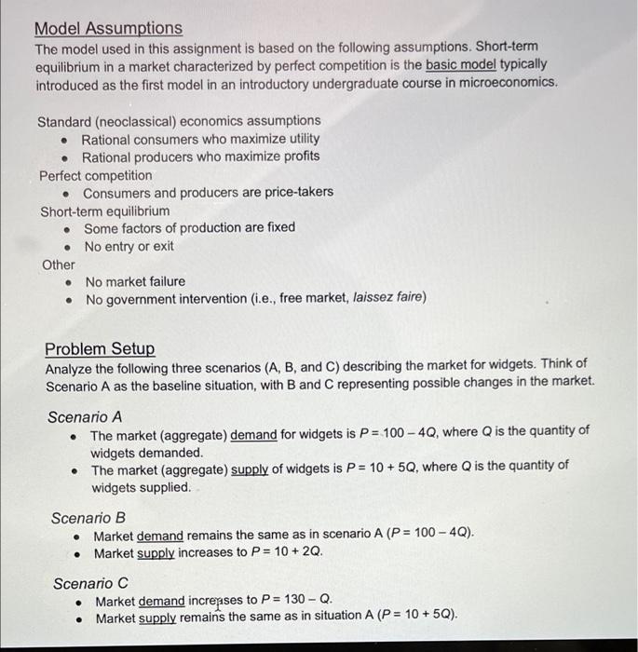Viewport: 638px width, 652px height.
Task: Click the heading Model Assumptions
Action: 109,29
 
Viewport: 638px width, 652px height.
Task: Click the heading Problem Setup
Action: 100,348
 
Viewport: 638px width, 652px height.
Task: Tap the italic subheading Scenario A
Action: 85,416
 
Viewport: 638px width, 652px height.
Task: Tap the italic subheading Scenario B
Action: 88,517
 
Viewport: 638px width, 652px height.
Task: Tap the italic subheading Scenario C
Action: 90,583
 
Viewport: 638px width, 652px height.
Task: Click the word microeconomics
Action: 507,83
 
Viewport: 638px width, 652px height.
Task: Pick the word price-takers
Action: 296,193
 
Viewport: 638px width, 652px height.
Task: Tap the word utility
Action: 298,139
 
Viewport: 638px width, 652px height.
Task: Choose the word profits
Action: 297,156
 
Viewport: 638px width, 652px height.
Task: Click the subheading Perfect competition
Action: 95,175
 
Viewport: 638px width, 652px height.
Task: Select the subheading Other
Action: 59,265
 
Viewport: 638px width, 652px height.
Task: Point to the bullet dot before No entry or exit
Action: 67,247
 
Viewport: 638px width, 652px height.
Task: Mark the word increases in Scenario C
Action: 218,601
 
